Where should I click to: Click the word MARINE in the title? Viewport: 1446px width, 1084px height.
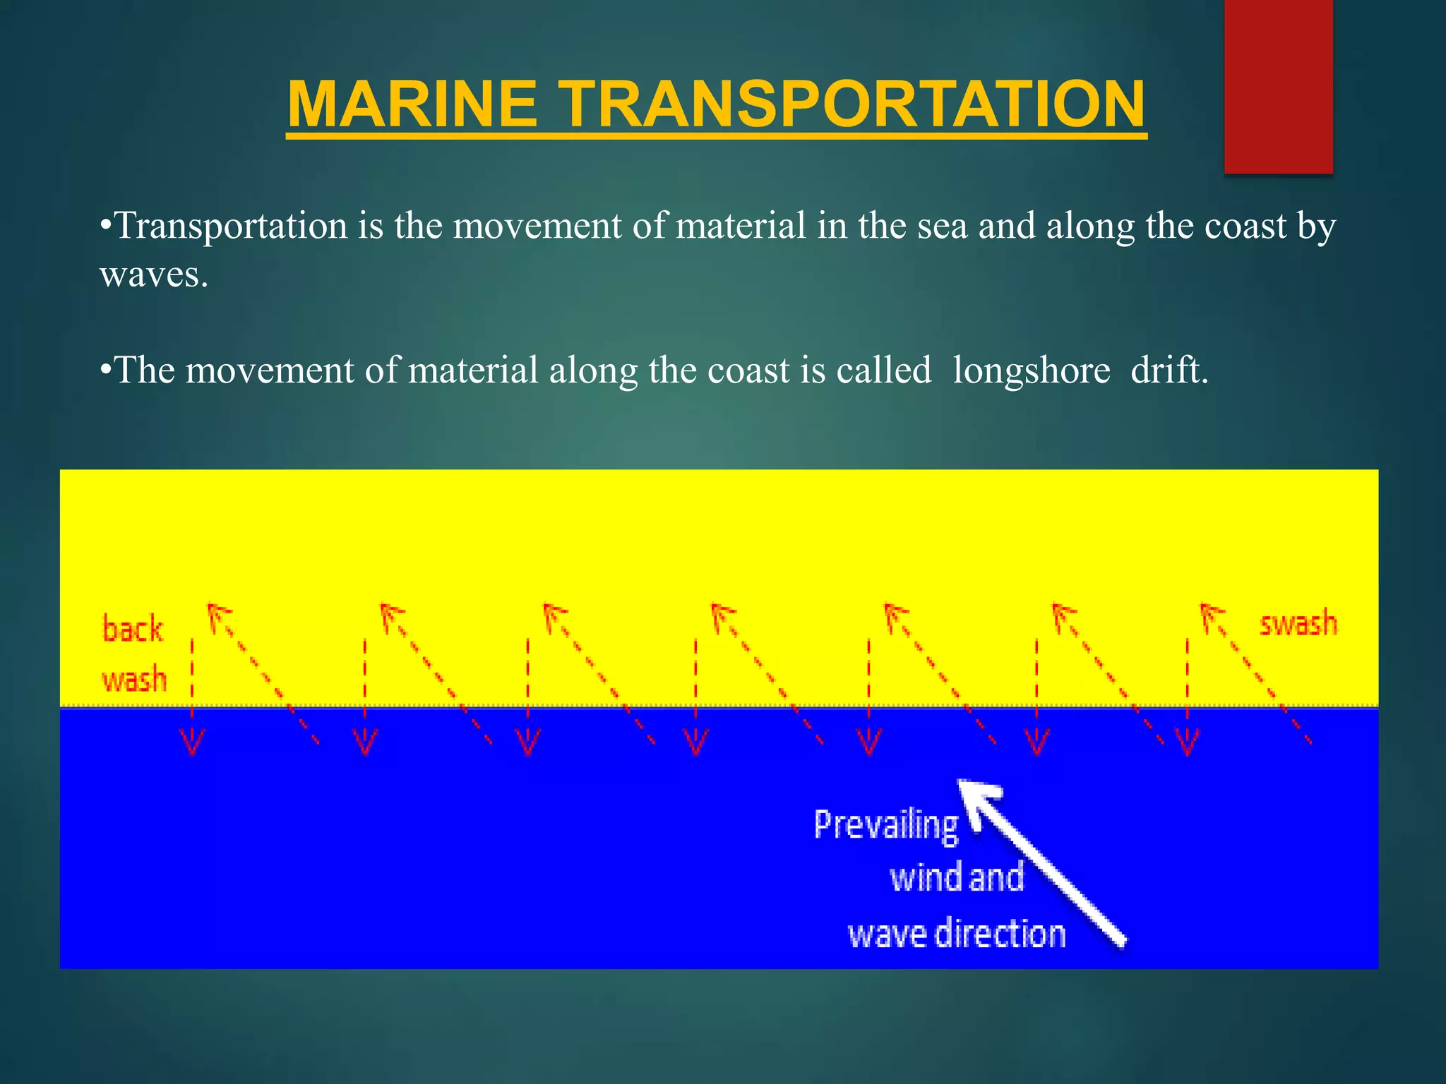tap(412, 104)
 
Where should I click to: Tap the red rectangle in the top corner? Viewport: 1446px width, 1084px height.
tap(1278, 86)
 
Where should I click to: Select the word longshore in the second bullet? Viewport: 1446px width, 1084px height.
tap(1031, 371)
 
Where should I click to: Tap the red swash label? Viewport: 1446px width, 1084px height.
tap(1298, 623)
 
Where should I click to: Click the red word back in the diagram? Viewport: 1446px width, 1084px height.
tap(133, 629)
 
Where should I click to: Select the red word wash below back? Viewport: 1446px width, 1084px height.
tap(134, 680)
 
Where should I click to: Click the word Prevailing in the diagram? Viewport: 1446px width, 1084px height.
tap(886, 825)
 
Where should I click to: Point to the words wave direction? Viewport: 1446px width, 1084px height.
tap(956, 934)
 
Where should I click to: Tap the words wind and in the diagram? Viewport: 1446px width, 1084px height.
tap(956, 878)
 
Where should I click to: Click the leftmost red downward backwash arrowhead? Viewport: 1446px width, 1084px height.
tap(192, 743)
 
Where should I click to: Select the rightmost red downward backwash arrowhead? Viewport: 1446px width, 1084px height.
tap(1187, 743)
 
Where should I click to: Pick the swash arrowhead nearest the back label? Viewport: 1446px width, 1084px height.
tap(217, 615)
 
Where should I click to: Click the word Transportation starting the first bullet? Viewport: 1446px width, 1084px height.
tap(231, 227)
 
